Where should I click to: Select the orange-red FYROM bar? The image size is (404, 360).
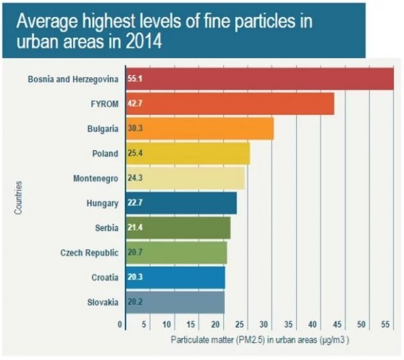pos(230,104)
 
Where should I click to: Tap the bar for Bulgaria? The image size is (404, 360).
pos(199,128)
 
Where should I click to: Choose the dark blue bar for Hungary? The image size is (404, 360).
pos(181,203)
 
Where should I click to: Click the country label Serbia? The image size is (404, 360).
pos(106,228)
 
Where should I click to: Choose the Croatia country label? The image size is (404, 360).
pos(105,278)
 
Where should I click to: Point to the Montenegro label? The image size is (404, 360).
pos(99,179)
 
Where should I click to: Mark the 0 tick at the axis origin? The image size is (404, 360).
pos(120,324)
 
